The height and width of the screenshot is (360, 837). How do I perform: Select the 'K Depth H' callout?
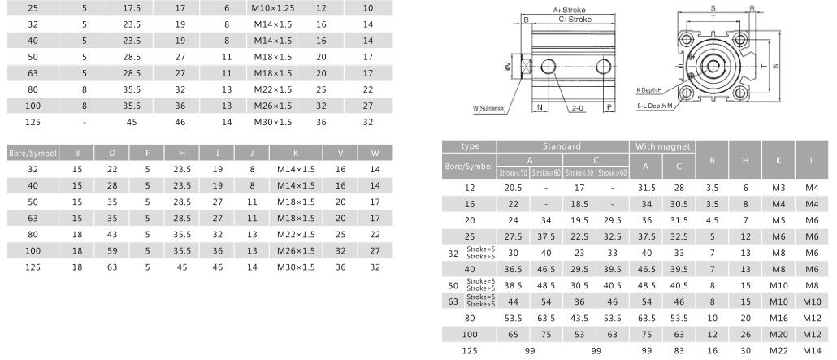649,90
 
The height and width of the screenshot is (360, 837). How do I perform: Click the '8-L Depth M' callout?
654,106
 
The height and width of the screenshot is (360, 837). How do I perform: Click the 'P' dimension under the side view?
609,107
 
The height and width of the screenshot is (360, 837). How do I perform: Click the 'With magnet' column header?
661,146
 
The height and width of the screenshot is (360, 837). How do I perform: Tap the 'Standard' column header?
562,146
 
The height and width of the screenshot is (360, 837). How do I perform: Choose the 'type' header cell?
471,146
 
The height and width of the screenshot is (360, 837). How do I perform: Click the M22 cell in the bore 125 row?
778,350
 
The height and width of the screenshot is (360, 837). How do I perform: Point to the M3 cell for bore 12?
778,187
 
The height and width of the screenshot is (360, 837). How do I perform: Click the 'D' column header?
112,153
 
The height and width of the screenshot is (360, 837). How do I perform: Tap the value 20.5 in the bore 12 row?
513,187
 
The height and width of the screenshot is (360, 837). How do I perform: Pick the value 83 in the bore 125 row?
679,350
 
